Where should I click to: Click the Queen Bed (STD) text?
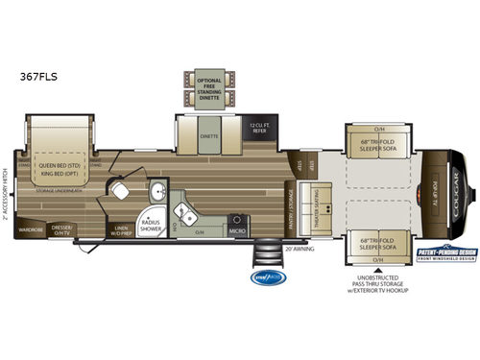[x=60, y=163]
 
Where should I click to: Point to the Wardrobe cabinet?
[x=32, y=228]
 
